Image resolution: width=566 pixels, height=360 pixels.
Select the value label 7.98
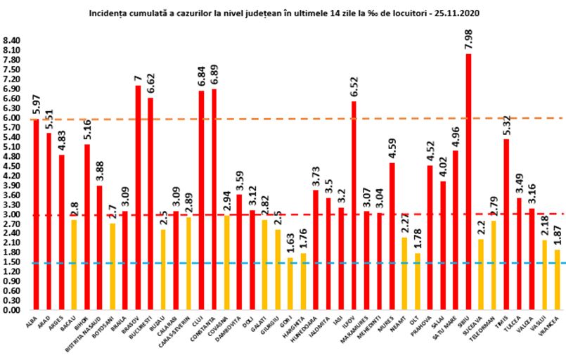tap(469, 39)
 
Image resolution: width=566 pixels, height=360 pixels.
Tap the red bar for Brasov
tap(138, 198)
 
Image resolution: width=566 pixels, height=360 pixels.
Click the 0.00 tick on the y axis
tap(13, 309)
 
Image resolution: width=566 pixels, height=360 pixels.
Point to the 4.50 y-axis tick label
tap(13, 166)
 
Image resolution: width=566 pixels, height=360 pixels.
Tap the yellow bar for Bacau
tap(74, 264)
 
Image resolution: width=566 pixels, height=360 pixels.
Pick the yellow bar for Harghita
tap(303, 281)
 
